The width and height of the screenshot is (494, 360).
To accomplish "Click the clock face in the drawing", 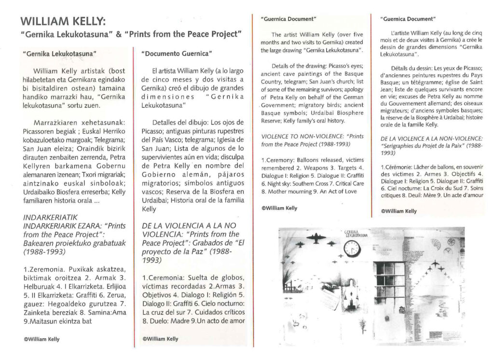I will (x=352, y=249).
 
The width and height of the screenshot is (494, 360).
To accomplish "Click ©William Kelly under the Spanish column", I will (x=161, y=339).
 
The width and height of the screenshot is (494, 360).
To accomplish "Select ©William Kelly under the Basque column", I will (x=41, y=339).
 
